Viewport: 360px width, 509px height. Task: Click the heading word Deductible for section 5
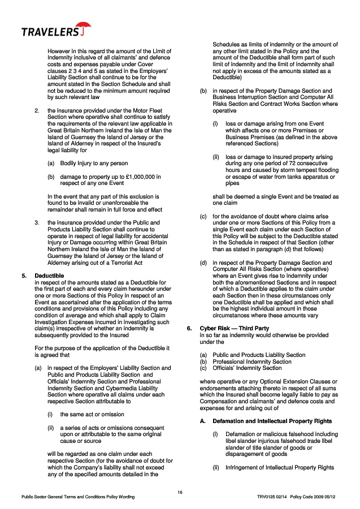pos(49,275)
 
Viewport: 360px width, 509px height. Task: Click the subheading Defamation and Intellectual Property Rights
pos(267,421)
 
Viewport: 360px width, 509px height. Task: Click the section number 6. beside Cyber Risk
pos(190,329)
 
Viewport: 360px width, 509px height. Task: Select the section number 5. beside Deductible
pos(24,275)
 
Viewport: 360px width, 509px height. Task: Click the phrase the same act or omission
pos(92,414)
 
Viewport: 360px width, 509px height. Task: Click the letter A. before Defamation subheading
pos(202,421)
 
